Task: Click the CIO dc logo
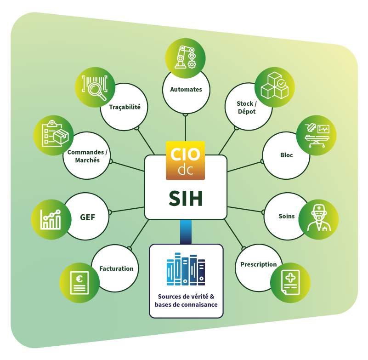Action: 185,160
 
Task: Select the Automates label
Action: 186,89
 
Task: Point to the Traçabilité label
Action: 125,107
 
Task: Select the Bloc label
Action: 286,155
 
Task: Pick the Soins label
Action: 287,216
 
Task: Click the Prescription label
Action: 259,264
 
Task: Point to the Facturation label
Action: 117,269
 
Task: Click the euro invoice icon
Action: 80,282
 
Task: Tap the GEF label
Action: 88,217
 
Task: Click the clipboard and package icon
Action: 53,135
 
